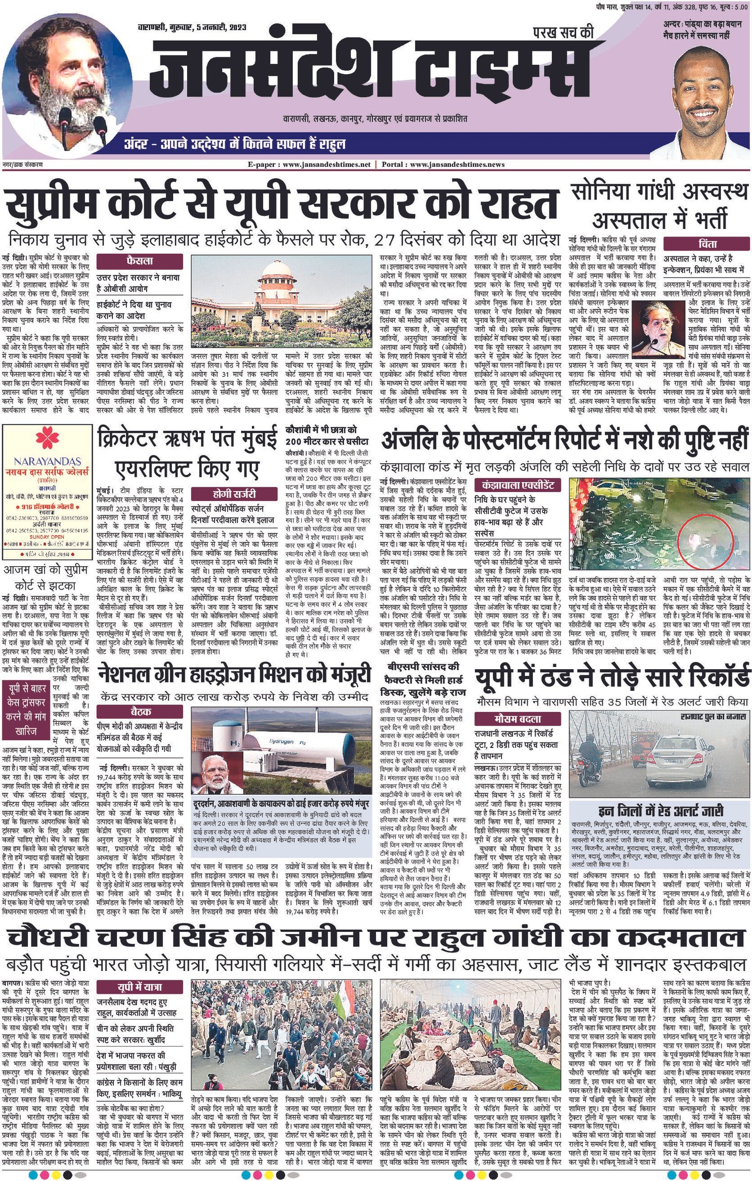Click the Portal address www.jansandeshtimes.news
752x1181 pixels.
tap(457, 165)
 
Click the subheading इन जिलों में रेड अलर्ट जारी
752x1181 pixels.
tap(661, 809)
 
